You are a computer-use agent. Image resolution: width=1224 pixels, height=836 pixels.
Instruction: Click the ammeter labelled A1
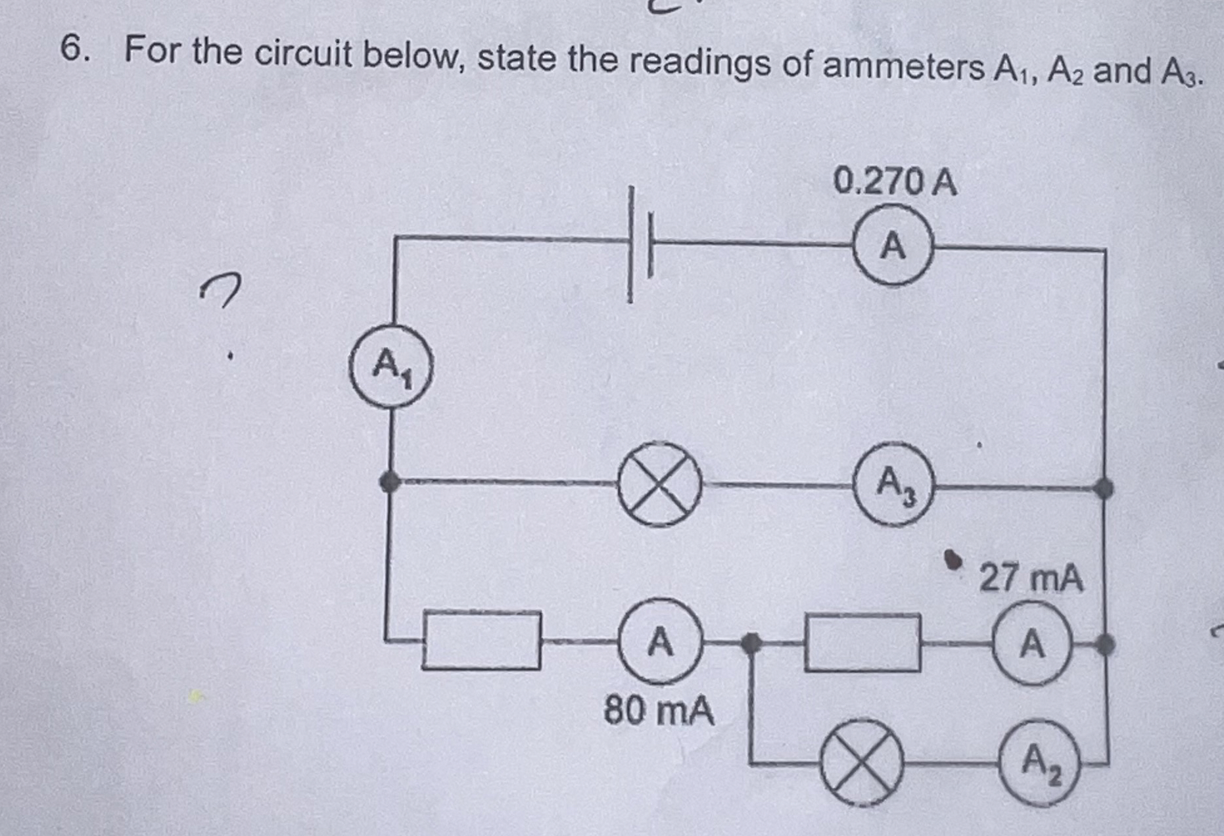[x=391, y=367]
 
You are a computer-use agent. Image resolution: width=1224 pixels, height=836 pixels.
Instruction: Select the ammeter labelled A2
[x=1039, y=763]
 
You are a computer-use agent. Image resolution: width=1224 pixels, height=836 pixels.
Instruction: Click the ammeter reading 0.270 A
[x=893, y=245]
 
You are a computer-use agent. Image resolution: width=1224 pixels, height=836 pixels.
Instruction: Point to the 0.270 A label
[x=894, y=181]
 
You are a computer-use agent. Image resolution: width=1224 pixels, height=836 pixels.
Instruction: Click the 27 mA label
[x=1031, y=578]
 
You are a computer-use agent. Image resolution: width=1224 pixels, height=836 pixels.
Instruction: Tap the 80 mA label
[x=659, y=711]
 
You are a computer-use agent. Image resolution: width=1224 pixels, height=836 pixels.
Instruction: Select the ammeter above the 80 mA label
[x=660, y=641]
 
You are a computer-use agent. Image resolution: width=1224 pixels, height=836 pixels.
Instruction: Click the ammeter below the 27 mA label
[x=1032, y=643]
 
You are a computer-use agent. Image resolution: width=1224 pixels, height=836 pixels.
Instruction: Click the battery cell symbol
[x=640, y=244]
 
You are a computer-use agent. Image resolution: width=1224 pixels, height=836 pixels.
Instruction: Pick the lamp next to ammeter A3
[x=658, y=484]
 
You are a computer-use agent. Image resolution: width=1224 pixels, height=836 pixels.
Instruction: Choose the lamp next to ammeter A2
[x=861, y=763]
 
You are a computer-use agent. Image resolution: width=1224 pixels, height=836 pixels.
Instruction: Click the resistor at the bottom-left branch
[x=482, y=639]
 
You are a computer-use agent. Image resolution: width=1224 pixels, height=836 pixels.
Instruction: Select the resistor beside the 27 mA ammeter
[x=862, y=643]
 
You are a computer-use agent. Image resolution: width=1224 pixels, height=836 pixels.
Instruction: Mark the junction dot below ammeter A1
[x=390, y=481]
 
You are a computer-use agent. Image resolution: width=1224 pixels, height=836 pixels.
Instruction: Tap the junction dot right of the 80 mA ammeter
[x=751, y=642]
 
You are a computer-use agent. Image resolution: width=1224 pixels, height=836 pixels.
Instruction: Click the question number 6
[x=74, y=49]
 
